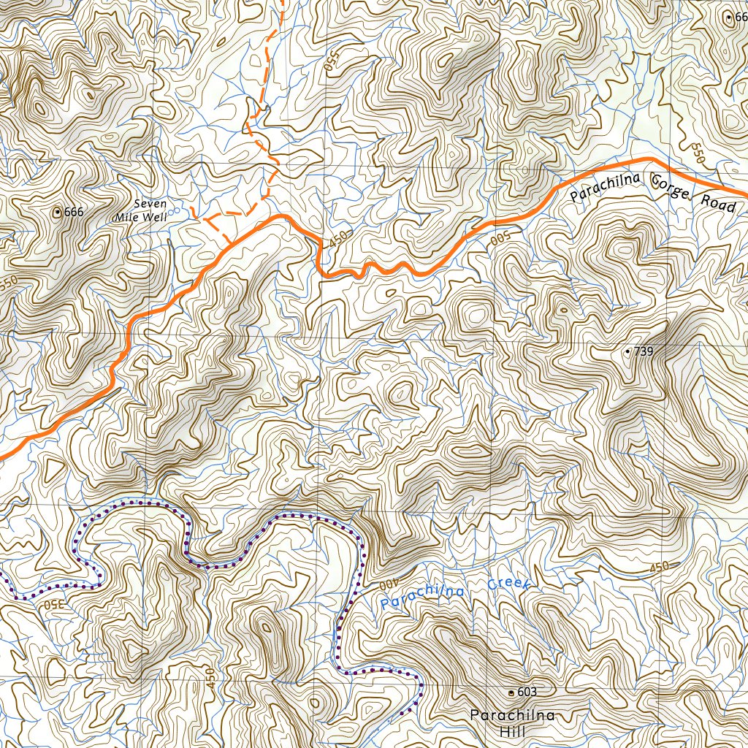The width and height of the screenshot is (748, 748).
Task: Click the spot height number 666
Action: point(75,212)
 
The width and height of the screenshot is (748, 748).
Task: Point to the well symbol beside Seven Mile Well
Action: point(172,212)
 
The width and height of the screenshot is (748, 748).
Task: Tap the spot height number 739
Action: point(643,351)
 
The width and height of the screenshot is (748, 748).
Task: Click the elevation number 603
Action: point(527,692)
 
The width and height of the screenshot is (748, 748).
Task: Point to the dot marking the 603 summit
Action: point(511,692)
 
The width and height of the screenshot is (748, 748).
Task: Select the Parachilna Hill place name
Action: point(512,722)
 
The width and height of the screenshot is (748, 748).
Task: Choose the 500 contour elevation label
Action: point(500,240)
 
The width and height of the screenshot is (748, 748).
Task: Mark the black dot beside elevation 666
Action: point(57,212)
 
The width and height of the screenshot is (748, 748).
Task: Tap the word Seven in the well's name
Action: point(150,204)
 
